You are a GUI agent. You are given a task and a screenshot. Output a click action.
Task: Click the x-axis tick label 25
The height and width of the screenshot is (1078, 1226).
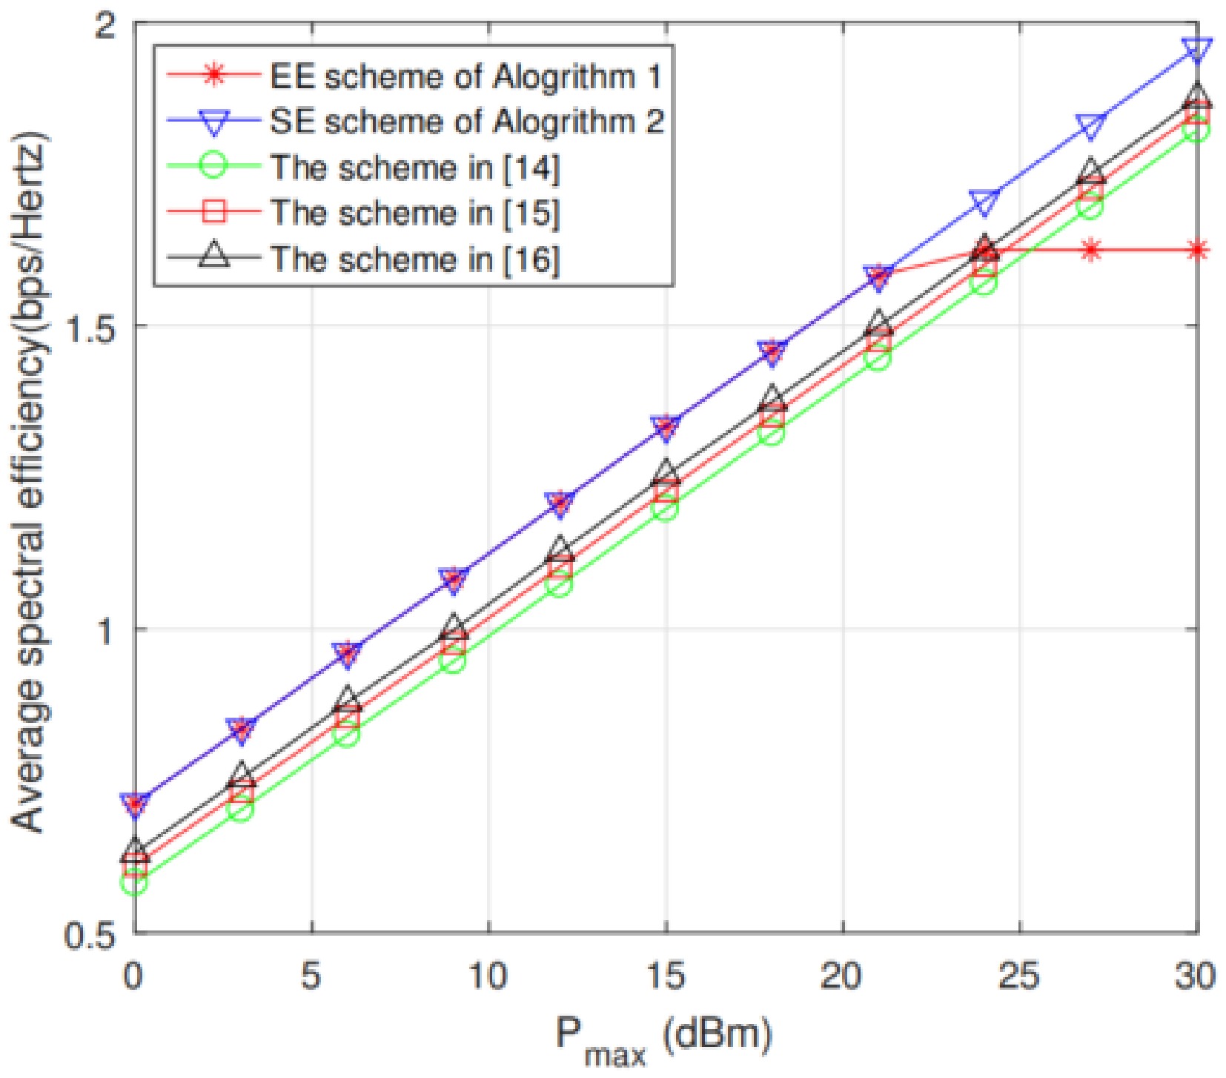1020,976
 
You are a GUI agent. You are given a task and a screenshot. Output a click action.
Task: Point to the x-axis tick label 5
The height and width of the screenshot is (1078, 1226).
311,976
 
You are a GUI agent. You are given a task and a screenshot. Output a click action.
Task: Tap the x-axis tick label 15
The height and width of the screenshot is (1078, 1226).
665,976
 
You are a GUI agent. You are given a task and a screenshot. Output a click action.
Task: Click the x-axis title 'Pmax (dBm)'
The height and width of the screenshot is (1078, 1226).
663,1038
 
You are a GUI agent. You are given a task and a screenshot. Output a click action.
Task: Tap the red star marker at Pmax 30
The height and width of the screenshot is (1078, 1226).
1197,250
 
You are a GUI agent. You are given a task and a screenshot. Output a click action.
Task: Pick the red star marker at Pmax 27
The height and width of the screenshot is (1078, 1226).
1090,250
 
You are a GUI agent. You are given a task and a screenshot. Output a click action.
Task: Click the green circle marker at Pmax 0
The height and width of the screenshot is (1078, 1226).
135,882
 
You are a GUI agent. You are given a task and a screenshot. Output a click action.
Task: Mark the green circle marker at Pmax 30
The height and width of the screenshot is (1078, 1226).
1197,130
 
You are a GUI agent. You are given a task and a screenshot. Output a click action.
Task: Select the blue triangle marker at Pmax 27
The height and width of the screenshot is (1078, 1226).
1090,127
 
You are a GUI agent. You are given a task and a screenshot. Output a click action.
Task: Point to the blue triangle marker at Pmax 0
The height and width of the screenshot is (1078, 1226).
135,804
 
